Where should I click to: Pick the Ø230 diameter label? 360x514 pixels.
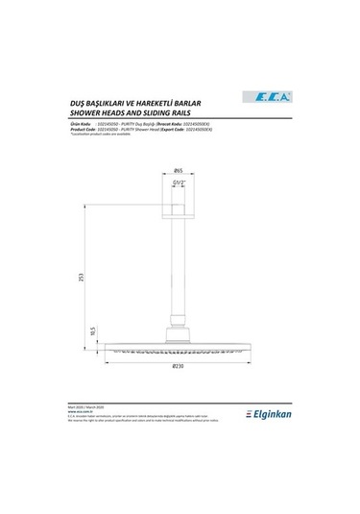180,367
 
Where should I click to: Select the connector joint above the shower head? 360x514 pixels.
180,336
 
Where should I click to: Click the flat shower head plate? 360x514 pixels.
180,348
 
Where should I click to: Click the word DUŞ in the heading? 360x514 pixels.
66,99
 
